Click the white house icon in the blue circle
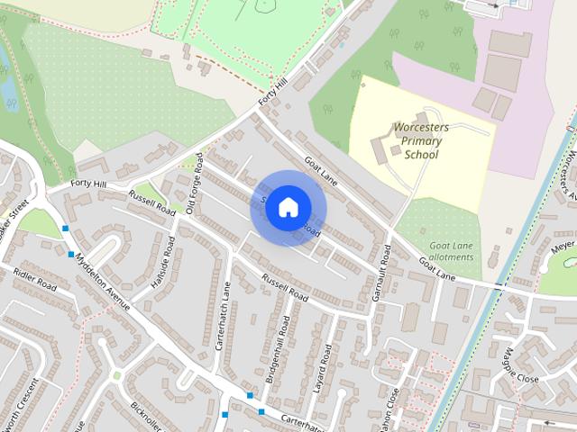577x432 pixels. pos(287,207)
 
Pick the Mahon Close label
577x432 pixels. pos(389,413)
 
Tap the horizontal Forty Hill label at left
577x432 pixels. pos(88,184)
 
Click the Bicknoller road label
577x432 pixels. pos(145,415)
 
